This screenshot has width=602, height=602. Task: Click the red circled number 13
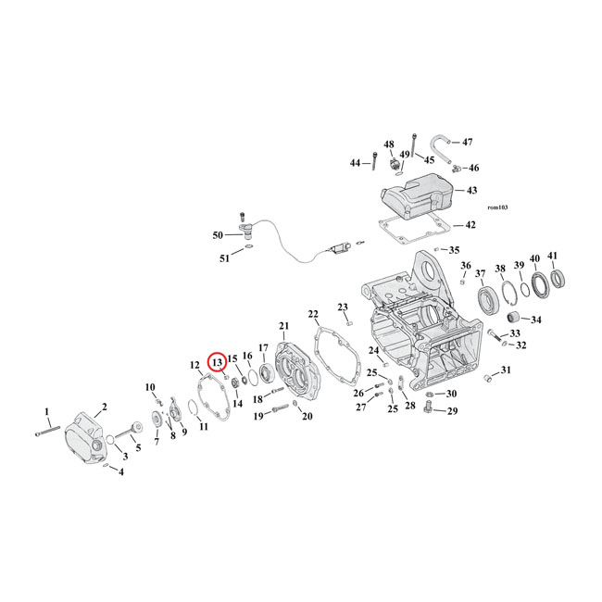tap(216, 363)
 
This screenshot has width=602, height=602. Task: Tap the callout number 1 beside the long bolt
tap(47, 410)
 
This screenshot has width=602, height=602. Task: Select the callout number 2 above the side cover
tap(104, 407)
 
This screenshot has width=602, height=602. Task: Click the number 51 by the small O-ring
tap(224, 258)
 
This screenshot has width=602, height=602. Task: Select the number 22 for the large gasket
tap(313, 315)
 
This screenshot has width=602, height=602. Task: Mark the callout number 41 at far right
tap(553, 257)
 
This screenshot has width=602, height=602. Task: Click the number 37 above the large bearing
tap(480, 273)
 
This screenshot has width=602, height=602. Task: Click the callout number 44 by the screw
tap(355, 163)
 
